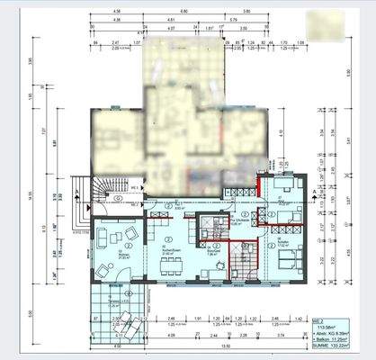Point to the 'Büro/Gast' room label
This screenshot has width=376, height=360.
pos(213,253)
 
